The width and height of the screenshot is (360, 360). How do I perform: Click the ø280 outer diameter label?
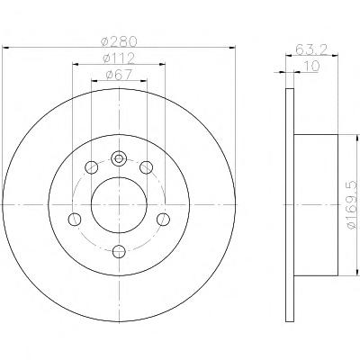point(119,41)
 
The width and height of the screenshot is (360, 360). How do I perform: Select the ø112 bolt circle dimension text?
point(119,58)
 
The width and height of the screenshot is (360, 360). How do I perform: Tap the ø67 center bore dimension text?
point(119,75)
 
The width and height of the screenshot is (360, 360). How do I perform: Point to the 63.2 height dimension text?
point(311,49)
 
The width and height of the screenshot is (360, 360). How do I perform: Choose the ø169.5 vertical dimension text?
point(352,204)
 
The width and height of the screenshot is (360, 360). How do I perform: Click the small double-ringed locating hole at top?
point(119,158)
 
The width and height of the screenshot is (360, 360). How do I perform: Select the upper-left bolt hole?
point(92,167)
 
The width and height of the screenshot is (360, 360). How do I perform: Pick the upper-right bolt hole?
point(147,167)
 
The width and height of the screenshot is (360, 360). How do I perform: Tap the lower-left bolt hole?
point(75,220)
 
